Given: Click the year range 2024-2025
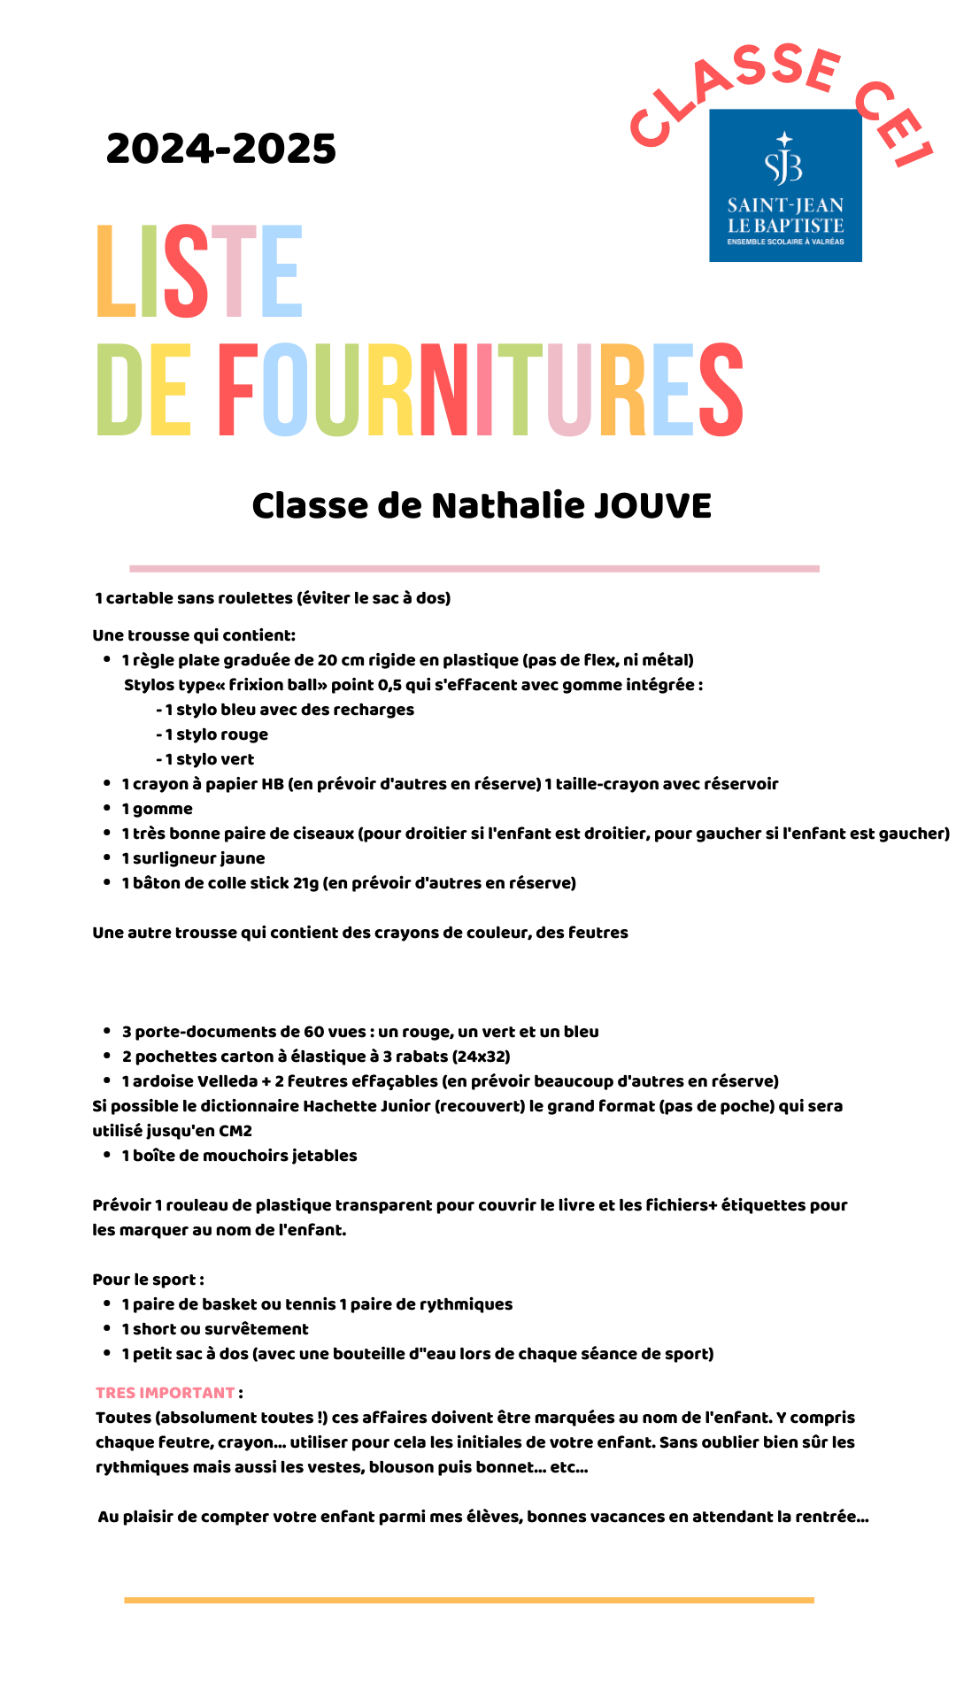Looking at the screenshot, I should click(221, 149).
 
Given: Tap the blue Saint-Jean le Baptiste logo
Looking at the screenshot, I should click(785, 186).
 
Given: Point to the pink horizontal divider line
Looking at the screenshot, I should click(474, 568).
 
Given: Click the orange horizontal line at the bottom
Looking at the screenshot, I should click(469, 1600).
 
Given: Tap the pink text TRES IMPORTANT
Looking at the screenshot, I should click(166, 1393).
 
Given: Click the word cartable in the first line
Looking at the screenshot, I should click(140, 598).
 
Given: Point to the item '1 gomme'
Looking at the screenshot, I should click(158, 809).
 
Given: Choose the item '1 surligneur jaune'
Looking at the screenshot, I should click(194, 858).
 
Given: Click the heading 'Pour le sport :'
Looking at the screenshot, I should click(149, 1280).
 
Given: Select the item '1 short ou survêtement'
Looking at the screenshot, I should click(216, 1329).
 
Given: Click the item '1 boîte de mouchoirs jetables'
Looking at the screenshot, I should click(240, 1156).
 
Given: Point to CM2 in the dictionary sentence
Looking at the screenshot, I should click(235, 1131).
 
